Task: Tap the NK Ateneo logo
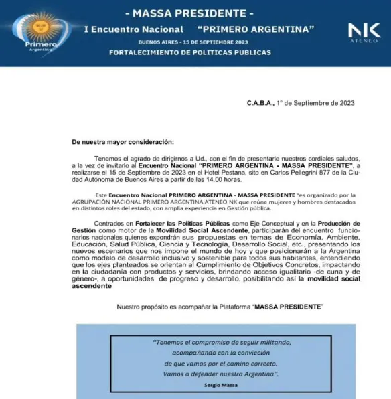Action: [x=364, y=31]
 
